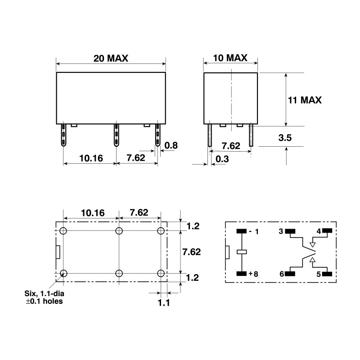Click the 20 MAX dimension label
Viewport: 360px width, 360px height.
[111, 58]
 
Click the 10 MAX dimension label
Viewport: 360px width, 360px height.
[230, 58]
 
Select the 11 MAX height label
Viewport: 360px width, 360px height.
[305, 100]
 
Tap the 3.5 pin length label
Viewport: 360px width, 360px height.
[285, 138]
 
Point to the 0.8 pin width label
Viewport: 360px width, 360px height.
[171, 145]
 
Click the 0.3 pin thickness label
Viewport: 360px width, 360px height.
[222, 159]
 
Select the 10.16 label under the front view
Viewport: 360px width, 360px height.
[91, 158]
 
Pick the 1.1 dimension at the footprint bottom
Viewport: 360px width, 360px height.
[164, 303]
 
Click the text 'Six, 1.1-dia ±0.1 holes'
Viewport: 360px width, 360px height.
[44, 297]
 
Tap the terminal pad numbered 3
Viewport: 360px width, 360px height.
[290, 231]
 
